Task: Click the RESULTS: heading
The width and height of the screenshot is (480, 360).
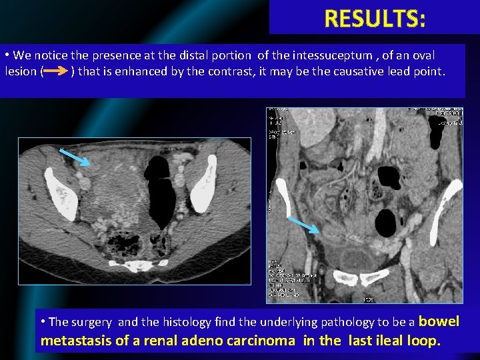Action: point(375,19)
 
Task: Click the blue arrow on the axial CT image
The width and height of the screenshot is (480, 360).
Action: point(74,157)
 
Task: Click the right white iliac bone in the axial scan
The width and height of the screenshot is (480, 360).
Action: point(203,183)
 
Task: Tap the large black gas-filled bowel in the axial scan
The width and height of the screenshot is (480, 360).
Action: point(161,193)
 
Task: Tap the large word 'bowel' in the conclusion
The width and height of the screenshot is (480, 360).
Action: point(439,321)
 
